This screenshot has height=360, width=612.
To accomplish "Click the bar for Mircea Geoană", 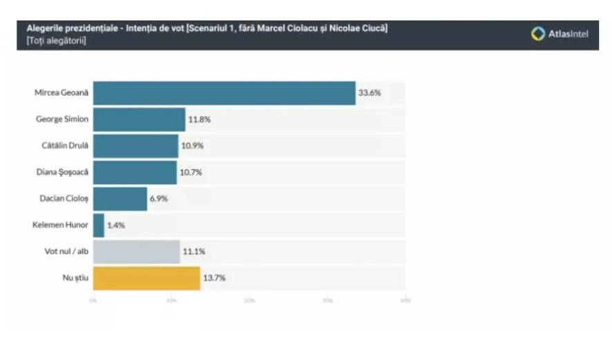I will click(224, 93).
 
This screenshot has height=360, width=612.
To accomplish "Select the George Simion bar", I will click(139, 120).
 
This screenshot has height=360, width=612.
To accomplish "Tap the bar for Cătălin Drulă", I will click(135, 146).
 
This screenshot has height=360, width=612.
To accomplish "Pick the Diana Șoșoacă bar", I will click(135, 172).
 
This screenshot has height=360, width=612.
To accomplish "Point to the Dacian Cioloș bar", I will click(120, 198).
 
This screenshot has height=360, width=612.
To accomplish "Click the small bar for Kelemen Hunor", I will click(99, 225).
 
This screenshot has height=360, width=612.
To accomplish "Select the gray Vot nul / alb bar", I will click(136, 252).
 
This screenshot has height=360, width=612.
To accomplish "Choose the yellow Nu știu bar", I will click(146, 278).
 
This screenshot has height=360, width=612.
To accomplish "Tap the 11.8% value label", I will click(199, 120).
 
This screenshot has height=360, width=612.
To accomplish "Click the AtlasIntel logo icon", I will click(537, 32).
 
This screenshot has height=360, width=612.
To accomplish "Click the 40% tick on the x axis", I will click(405, 301).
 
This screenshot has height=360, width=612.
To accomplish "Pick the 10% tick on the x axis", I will click(171, 301).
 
